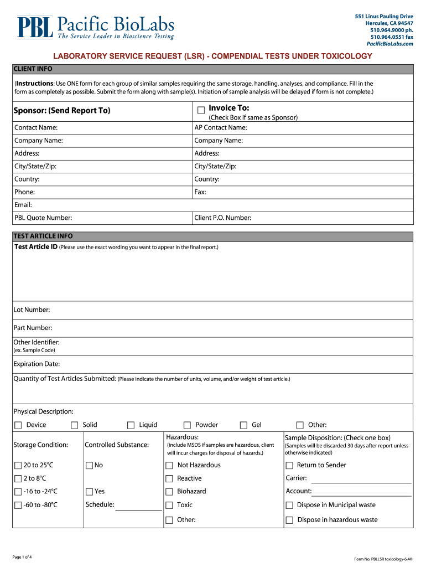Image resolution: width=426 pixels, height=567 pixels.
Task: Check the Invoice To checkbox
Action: point(201,110)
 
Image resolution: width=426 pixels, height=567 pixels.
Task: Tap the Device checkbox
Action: point(18,425)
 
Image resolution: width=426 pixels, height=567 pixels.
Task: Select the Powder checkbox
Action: point(187,425)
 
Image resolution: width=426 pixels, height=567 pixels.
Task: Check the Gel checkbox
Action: point(243,425)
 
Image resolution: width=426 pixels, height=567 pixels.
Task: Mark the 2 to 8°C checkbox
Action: point(18,478)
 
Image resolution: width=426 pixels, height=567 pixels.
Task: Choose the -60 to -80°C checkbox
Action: point(18,505)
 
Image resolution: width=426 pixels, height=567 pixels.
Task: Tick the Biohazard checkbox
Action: point(169,492)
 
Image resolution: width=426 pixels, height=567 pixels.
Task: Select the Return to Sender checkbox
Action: point(289,465)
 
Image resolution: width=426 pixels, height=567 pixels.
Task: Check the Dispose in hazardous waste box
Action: point(289,520)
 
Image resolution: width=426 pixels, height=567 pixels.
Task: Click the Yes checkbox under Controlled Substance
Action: point(89,492)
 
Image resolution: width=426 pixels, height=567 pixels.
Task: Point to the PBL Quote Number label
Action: point(43,218)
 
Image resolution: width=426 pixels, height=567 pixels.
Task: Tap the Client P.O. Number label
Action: point(223,218)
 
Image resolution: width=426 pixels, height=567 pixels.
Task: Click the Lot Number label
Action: point(32,310)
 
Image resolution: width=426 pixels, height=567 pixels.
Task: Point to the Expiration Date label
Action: point(37,364)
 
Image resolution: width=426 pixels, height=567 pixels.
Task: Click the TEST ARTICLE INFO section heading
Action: point(43,236)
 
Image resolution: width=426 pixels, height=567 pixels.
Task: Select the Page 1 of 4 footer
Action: point(22,556)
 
